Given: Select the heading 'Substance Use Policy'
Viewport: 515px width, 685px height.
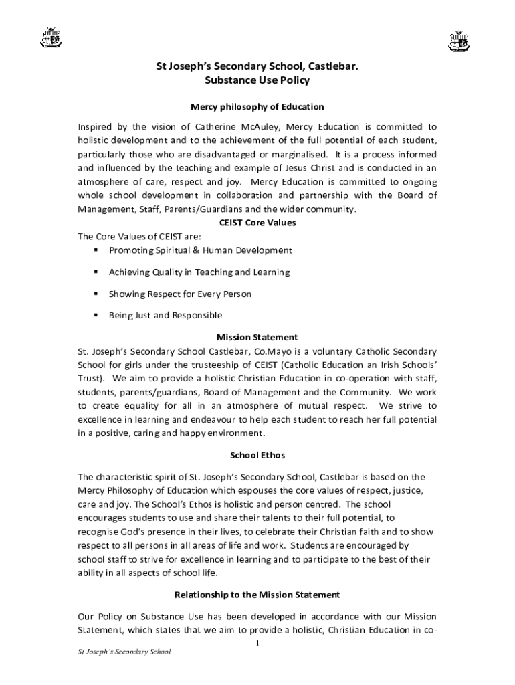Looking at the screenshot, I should tap(257, 81).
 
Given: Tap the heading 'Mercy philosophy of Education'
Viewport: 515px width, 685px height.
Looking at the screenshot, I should tap(257, 106).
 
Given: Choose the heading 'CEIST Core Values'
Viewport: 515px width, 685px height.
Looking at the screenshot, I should tap(257, 223).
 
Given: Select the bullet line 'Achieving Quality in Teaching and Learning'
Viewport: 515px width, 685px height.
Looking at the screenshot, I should tap(199, 272).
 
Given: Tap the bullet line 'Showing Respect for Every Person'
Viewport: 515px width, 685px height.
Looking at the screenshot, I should tap(180, 294).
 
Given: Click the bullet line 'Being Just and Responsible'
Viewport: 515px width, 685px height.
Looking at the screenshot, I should tap(165, 316).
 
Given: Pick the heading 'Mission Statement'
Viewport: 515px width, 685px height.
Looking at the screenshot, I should tap(257, 338).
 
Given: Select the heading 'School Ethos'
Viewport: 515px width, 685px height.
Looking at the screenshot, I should tap(257, 456).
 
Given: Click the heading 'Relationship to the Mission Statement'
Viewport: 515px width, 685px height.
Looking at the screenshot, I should tap(257, 595).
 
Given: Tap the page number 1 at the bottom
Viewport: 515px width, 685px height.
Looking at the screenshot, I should tap(258, 643).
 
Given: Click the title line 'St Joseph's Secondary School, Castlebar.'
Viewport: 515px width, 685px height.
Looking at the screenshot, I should tap(257, 67).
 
